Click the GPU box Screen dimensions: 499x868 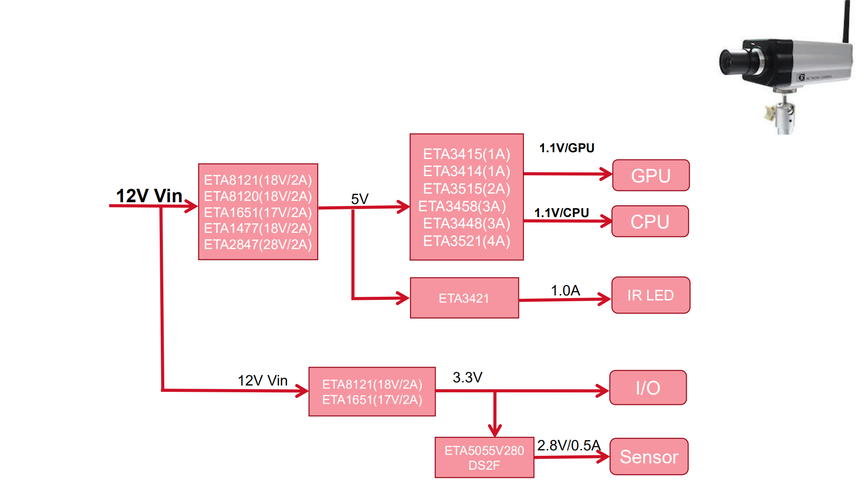651,176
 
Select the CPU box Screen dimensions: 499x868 650,222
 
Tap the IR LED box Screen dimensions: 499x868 651,295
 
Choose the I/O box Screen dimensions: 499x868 648,388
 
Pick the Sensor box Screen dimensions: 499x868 649,457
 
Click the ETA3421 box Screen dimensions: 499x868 464,298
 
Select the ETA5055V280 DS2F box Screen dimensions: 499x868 484,458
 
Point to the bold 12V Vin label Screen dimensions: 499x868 149,196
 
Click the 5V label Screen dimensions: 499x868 360,199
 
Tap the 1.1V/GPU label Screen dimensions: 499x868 567,148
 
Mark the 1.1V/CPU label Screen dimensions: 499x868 561,213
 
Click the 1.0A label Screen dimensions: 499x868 565,290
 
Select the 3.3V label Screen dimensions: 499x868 467,377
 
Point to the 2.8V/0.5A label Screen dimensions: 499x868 568,445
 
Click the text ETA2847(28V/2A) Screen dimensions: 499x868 258,245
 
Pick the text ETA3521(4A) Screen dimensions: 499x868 467,241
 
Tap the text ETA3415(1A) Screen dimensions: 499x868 467,154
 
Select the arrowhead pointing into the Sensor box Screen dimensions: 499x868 603,457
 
